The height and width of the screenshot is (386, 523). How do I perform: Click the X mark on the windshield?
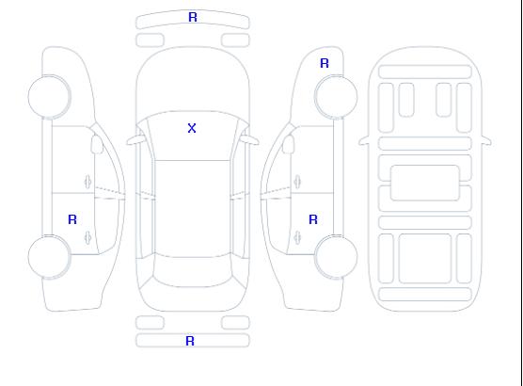pyautogui.click(x=192, y=128)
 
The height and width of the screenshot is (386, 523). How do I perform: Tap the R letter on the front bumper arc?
pyautogui.click(x=193, y=17)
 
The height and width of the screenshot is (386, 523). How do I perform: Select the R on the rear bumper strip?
pyautogui.click(x=190, y=341)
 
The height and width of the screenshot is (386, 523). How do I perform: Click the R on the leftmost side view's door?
pyautogui.click(x=72, y=219)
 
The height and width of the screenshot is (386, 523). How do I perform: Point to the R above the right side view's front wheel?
pyautogui.click(x=325, y=63)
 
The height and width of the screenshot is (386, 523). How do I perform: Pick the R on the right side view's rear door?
pyautogui.click(x=313, y=219)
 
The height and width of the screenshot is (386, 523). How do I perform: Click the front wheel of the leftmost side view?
pyautogui.click(x=49, y=97)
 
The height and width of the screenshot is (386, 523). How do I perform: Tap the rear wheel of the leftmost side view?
pyautogui.click(x=49, y=257)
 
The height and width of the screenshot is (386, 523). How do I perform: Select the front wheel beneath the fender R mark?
pyautogui.click(x=336, y=97)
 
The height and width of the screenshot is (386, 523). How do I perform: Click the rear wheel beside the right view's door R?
pyautogui.click(x=336, y=257)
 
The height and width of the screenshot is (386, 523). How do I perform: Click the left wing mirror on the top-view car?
pyautogui.click(x=135, y=140)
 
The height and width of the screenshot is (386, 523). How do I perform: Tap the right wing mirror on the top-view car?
pyautogui.click(x=250, y=140)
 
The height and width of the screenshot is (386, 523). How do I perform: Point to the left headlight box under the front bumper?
pyautogui.click(x=151, y=40)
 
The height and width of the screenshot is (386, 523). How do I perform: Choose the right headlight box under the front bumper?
pyautogui.click(x=235, y=40)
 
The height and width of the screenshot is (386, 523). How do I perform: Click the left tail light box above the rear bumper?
pyautogui.click(x=151, y=323)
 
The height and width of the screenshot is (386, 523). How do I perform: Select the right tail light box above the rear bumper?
pyautogui.click(x=235, y=323)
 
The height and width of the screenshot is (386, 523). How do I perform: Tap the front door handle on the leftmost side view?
pyautogui.click(x=88, y=182)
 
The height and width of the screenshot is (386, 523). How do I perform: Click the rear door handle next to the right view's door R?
pyautogui.click(x=297, y=237)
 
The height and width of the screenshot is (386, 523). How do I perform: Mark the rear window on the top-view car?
pyautogui.click(x=193, y=272)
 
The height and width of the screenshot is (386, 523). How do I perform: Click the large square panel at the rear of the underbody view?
pyautogui.click(x=425, y=259)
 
